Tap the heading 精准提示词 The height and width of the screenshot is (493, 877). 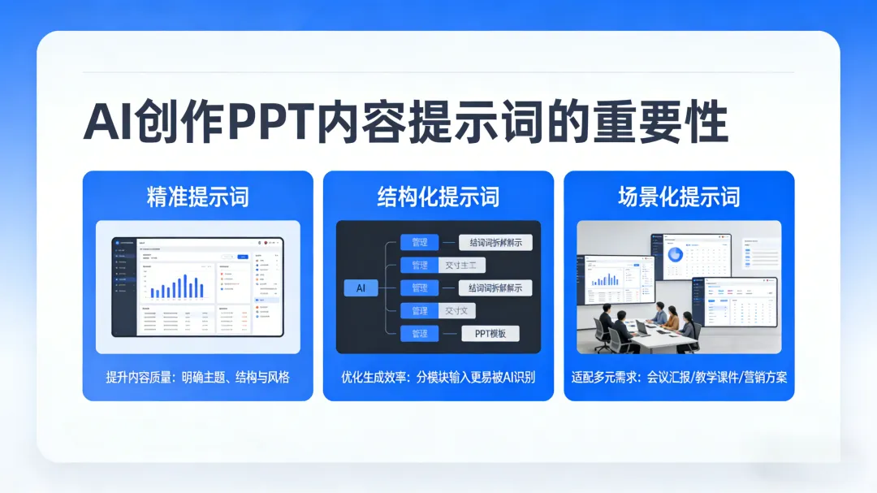(197, 197)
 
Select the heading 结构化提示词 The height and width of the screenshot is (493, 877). (438, 197)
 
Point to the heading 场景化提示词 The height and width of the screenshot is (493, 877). (679, 197)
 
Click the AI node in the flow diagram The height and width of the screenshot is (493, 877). (361, 288)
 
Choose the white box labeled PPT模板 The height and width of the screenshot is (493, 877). (490, 333)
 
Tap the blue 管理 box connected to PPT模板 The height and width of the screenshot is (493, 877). (419, 333)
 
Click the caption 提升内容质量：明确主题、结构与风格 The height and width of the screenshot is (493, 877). (197, 378)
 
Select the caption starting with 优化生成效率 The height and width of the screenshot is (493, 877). (438, 378)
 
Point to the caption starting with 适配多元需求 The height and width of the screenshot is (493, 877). (679, 378)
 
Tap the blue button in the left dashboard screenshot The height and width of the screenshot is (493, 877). (242, 257)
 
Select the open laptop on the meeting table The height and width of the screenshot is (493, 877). (642, 327)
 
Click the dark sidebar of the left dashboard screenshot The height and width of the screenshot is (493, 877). (123, 286)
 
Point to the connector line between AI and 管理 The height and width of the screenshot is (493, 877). (385, 288)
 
